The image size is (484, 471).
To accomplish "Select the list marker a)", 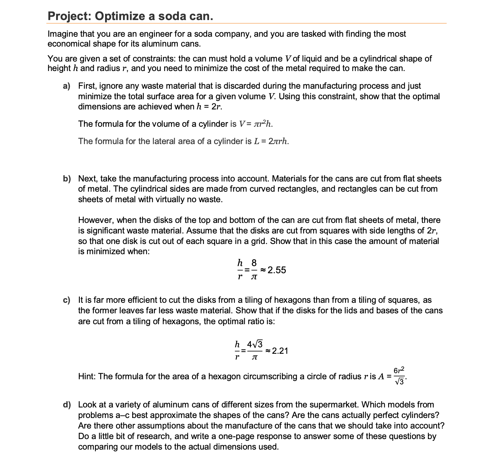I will (x=67, y=86).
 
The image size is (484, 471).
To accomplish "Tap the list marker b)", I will (x=67, y=179).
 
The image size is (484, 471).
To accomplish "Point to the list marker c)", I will (x=67, y=300).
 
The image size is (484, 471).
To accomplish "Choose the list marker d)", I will (x=67, y=405).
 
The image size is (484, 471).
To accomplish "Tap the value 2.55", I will (x=277, y=270).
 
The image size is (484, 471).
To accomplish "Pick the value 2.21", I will (x=280, y=351).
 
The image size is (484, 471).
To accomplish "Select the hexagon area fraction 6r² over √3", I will (x=399, y=376).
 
